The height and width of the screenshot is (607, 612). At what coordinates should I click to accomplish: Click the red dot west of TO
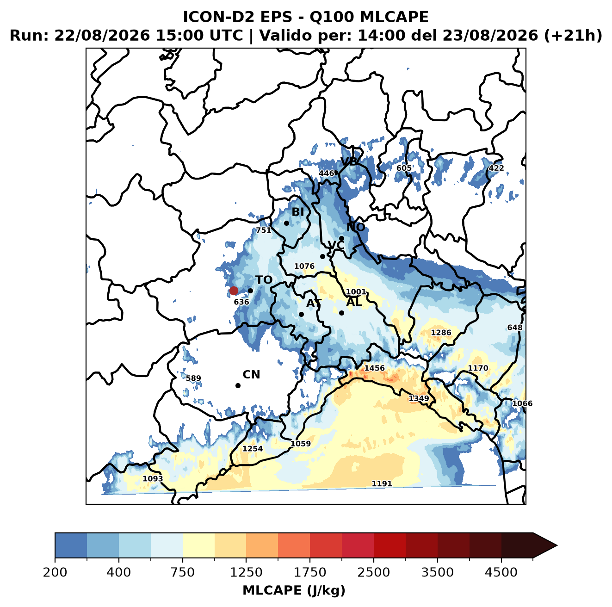(234, 291)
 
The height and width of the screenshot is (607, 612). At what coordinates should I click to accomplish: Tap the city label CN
(251, 375)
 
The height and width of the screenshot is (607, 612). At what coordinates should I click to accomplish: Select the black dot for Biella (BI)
(286, 223)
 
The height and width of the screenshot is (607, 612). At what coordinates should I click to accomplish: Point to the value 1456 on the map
(374, 368)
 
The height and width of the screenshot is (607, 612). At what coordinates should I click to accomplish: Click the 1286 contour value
(441, 333)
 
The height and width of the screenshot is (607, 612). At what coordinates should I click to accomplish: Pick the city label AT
(314, 303)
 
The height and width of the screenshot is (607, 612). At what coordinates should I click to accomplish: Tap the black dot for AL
(341, 313)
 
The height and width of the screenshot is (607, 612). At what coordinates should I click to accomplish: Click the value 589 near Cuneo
(193, 378)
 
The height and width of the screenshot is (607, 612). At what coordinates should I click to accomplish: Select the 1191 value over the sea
(382, 484)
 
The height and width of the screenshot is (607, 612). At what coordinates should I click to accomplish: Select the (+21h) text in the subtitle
(573, 36)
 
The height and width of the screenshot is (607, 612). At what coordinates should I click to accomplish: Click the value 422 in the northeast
(496, 168)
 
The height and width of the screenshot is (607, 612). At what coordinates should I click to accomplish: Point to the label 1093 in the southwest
(153, 478)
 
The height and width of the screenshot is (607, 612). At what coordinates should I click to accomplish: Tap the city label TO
(264, 280)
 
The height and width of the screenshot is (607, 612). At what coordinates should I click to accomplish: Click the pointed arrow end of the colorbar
(557, 545)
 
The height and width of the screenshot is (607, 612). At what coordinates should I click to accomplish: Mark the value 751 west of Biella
(264, 230)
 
